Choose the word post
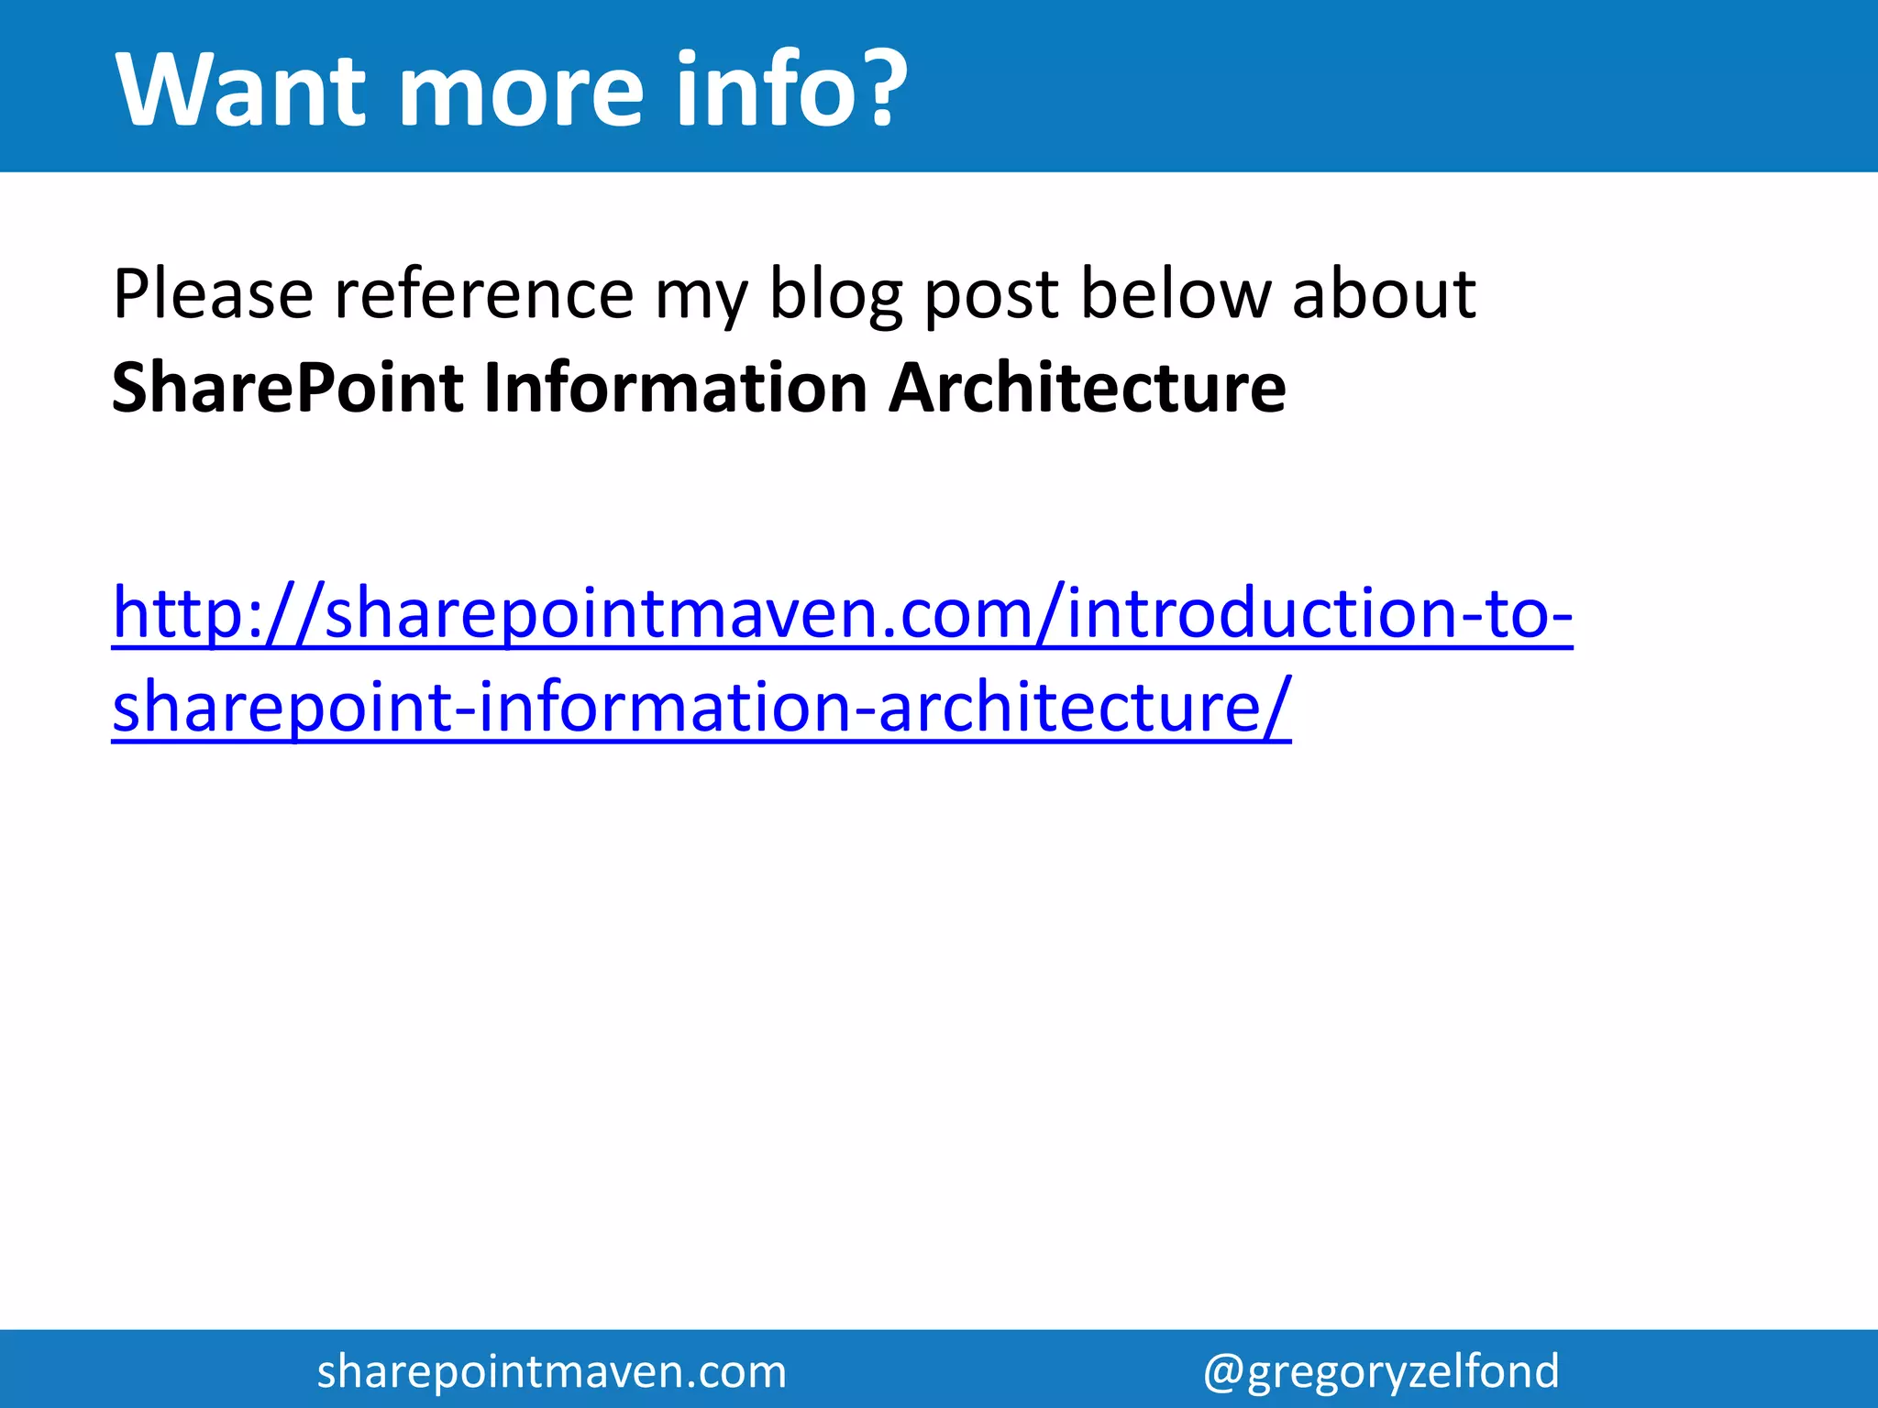(x=991, y=295)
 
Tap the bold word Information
(x=675, y=389)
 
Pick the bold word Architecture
(x=1087, y=389)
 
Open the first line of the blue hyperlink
(x=842, y=612)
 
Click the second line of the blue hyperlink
(x=701, y=707)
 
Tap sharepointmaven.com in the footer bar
(x=551, y=1371)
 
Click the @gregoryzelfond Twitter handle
(x=1380, y=1371)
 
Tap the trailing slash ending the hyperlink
(x=1278, y=707)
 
